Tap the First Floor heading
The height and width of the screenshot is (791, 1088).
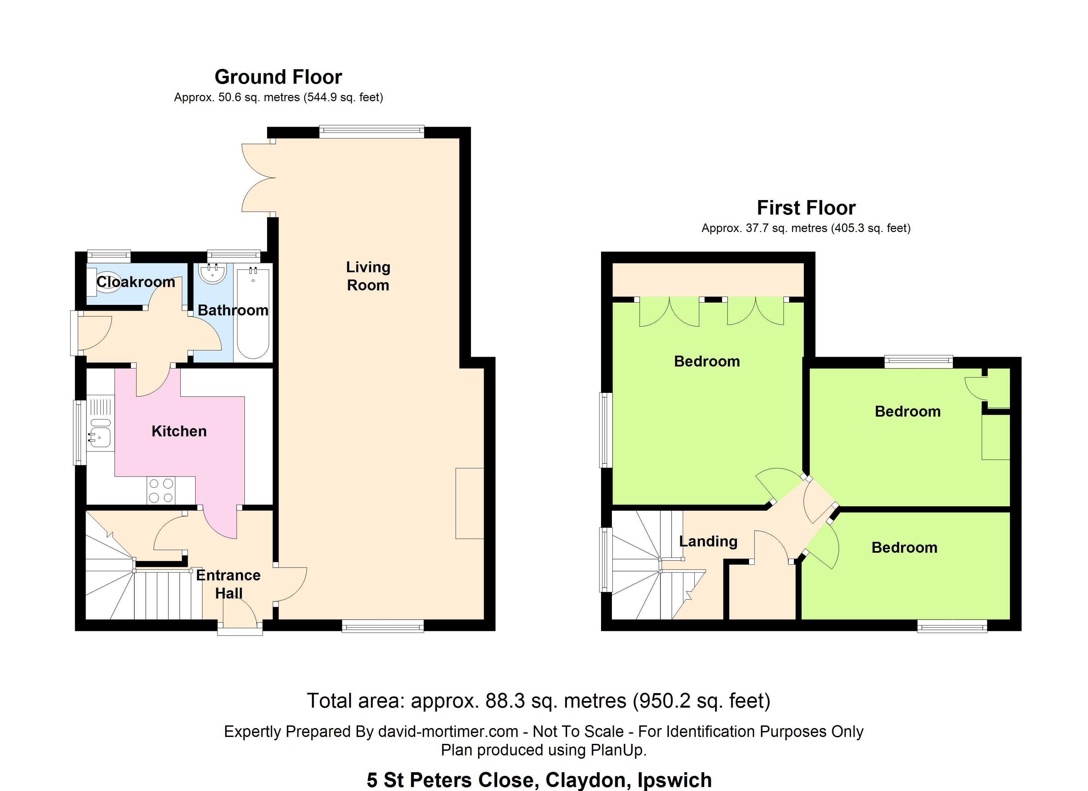point(806,208)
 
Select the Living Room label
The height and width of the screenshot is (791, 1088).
point(368,276)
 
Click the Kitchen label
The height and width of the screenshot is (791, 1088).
point(179,431)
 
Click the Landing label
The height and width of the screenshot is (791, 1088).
point(708,541)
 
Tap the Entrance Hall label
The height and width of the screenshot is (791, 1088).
point(228,584)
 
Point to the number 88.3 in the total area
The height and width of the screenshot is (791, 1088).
point(505,701)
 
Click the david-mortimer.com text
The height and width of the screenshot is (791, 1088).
point(448,732)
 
